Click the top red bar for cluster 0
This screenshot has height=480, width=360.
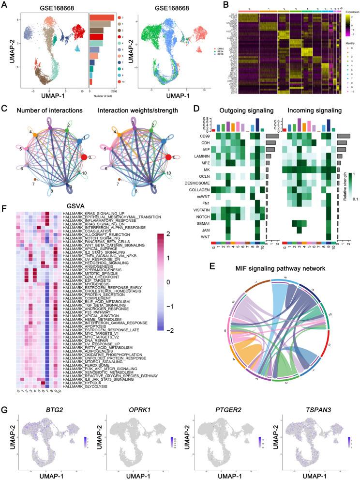[x=102, y=18]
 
